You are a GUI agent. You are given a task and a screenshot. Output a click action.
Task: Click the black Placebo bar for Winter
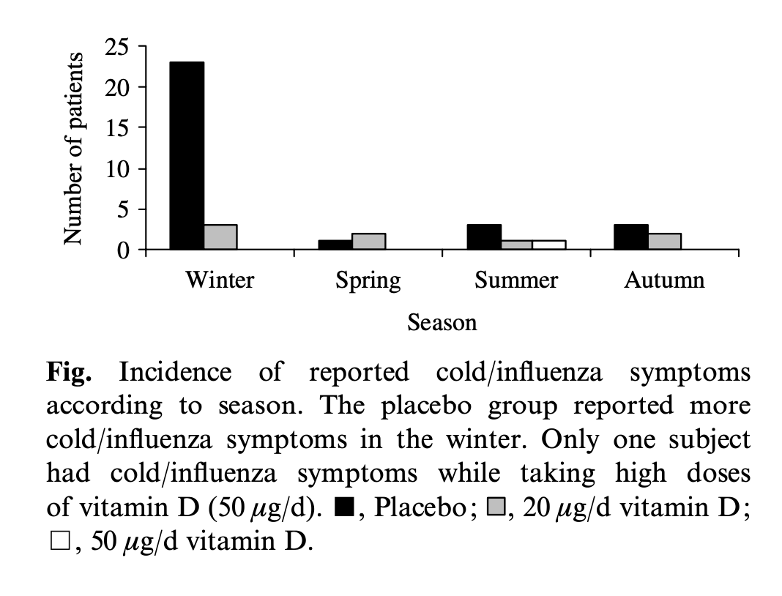[187, 156]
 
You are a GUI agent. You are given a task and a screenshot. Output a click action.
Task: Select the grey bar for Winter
[220, 237]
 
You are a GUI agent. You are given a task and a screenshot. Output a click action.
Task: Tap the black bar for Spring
[335, 245]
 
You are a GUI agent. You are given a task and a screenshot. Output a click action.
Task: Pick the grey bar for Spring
[369, 242]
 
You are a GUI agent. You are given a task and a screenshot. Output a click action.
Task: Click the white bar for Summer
[549, 245]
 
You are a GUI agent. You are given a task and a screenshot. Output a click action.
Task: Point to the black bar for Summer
[484, 237]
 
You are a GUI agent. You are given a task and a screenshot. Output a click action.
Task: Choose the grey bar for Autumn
[665, 242]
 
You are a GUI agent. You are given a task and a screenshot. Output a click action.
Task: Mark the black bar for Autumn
[631, 237]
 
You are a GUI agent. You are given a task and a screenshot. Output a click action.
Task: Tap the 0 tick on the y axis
[123, 251]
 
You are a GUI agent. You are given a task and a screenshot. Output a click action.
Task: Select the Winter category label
[220, 280]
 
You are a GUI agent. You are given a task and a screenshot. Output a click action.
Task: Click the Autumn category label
[664, 280]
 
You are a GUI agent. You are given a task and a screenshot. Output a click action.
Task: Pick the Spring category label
[368, 281]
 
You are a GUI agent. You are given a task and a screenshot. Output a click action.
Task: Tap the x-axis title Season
[442, 322]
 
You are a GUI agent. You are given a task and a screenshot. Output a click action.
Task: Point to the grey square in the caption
[495, 508]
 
